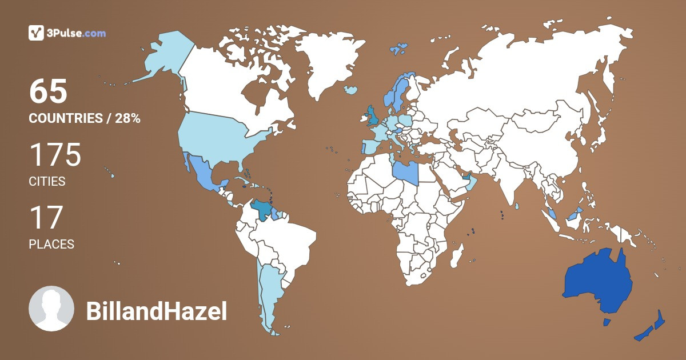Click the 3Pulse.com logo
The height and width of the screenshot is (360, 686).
[67, 33]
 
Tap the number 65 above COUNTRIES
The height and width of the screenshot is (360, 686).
[49, 91]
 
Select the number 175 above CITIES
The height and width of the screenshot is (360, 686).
[55, 155]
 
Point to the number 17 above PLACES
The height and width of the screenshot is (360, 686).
[45, 218]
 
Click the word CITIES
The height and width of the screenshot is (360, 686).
[47, 182]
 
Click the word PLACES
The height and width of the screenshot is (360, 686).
[51, 244]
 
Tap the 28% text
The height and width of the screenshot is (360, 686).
[127, 119]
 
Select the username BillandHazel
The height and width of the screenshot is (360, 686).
[156, 312]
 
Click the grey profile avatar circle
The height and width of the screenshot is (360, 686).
[51, 309]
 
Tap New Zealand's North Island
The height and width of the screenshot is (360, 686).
[659, 319]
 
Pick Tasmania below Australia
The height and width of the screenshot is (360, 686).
[607, 322]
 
